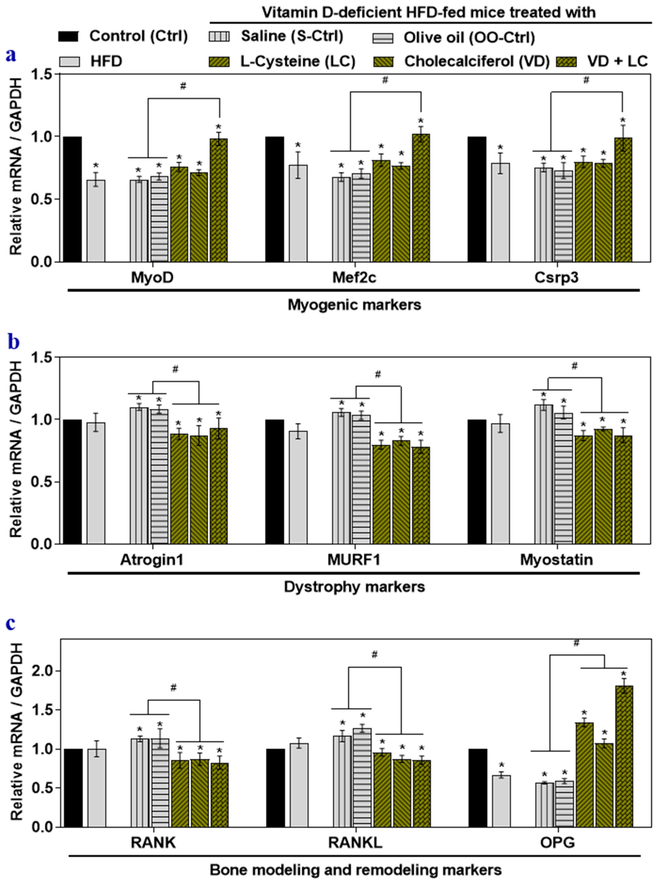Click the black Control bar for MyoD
[72, 199]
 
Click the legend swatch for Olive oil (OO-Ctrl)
[382, 38]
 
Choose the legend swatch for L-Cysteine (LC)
[219, 62]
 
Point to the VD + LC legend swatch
[566, 62]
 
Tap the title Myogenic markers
[354, 305]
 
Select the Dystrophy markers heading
[354, 587]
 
